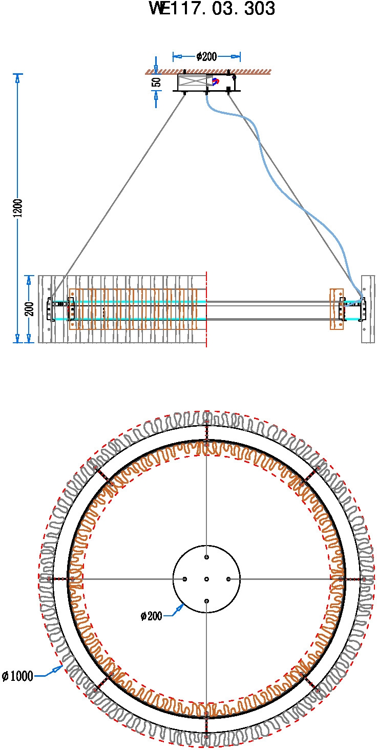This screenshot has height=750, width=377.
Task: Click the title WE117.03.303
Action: click(x=212, y=9)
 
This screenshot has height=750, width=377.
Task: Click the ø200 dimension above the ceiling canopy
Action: click(x=206, y=56)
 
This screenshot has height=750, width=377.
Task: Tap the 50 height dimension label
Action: click(x=157, y=82)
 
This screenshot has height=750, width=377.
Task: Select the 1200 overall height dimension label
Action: click(x=18, y=208)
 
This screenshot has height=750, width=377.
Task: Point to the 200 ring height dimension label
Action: click(x=30, y=309)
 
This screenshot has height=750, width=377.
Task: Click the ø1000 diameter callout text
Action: click(x=18, y=676)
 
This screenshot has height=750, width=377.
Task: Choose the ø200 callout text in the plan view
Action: click(x=151, y=616)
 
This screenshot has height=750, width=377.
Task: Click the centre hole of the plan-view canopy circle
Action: click(x=206, y=579)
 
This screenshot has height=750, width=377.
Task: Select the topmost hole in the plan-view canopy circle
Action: click(x=206, y=557)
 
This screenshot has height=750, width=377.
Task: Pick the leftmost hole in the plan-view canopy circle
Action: click(x=184, y=579)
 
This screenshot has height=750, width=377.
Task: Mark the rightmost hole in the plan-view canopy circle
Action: click(x=228, y=579)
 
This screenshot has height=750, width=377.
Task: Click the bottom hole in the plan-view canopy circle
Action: click(x=206, y=601)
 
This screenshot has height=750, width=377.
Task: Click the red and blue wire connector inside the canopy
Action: click(x=216, y=81)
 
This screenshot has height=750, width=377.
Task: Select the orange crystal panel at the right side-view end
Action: click(x=337, y=309)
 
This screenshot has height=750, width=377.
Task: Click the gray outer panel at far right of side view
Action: click(x=368, y=309)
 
